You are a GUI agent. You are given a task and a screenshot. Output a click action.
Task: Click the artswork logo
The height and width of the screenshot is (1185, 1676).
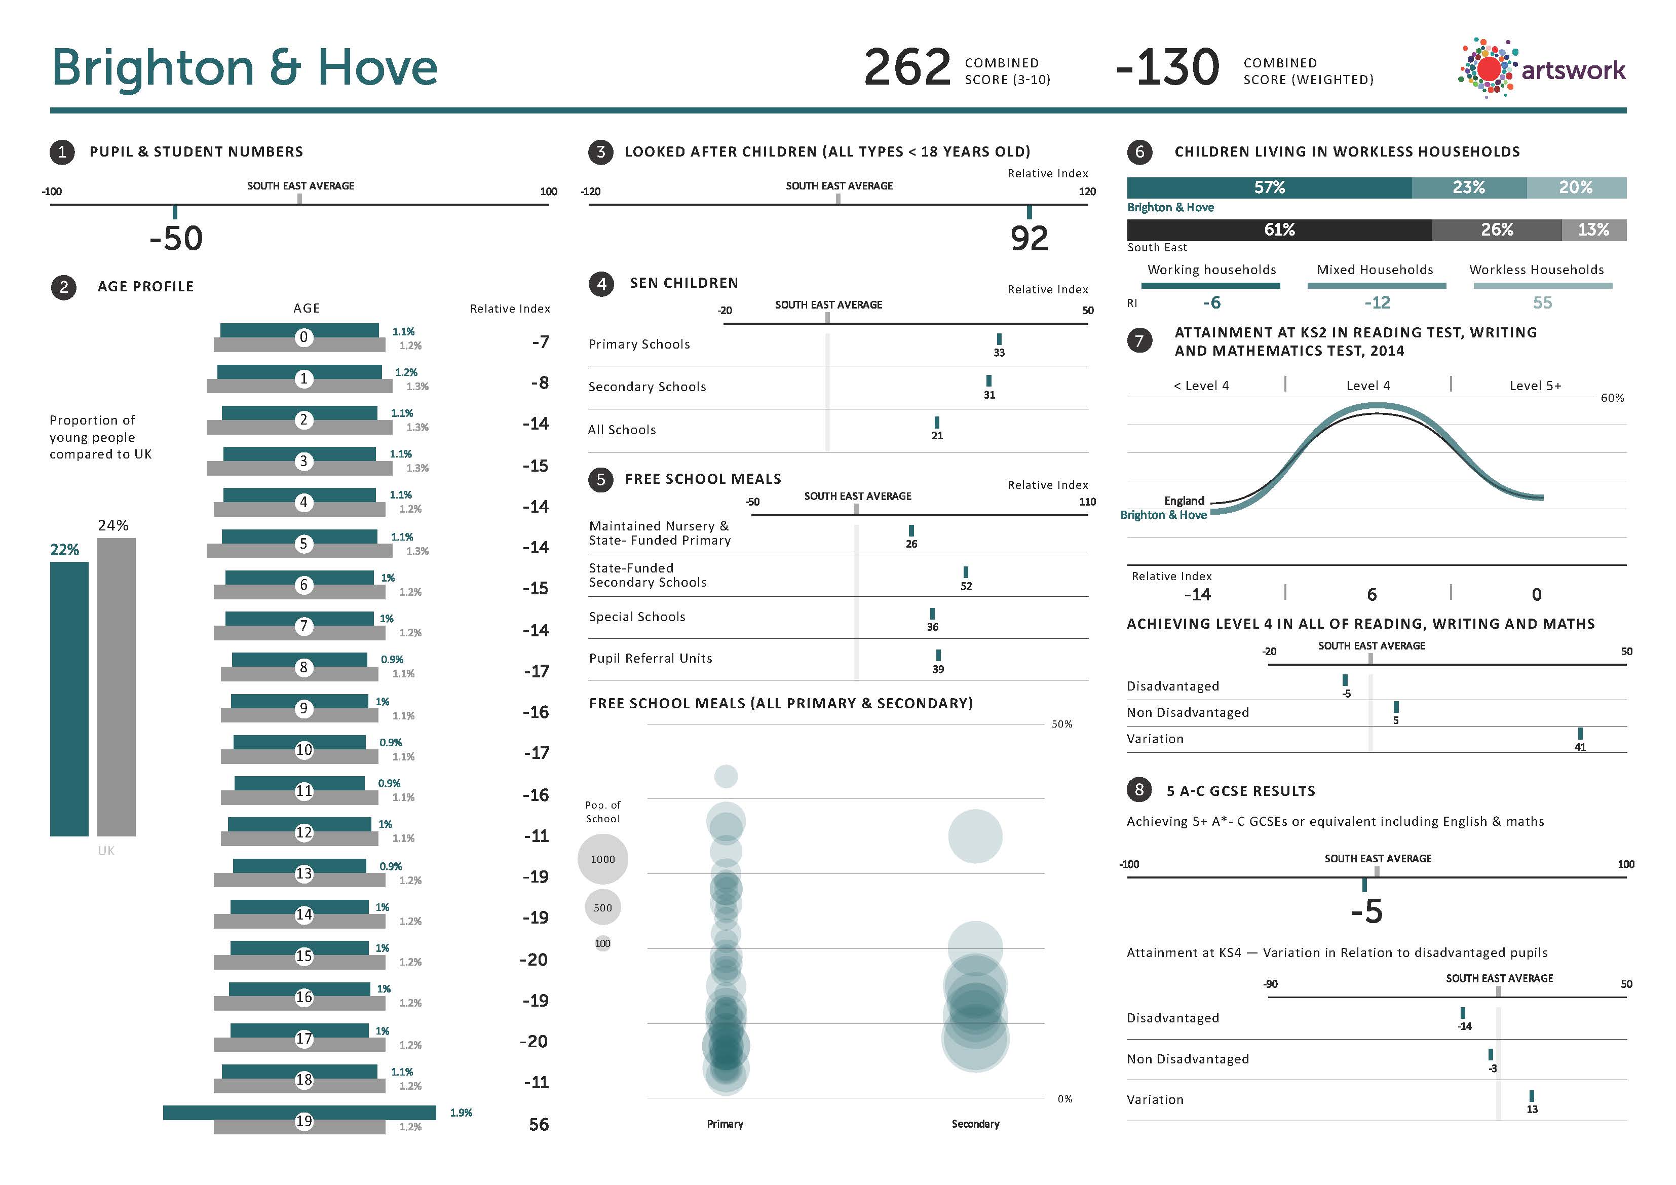click(x=1541, y=68)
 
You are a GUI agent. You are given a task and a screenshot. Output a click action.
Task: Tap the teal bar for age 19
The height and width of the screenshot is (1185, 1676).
click(x=299, y=1112)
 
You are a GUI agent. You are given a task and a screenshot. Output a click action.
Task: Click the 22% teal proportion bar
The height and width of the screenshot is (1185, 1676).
click(x=68, y=698)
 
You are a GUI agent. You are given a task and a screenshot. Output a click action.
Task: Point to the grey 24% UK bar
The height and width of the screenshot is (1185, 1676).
click(x=116, y=686)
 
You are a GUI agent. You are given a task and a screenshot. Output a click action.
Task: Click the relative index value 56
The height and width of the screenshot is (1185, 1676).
click(x=538, y=1124)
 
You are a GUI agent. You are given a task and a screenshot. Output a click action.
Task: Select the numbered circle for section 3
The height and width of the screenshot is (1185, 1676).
click(x=600, y=152)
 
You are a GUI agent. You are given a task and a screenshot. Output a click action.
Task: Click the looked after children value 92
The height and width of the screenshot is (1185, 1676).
click(x=1029, y=239)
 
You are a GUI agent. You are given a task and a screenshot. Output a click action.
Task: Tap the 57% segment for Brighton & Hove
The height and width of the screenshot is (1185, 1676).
click(x=1269, y=187)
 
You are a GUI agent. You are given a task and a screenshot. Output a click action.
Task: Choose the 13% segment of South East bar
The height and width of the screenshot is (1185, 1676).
click(x=1593, y=230)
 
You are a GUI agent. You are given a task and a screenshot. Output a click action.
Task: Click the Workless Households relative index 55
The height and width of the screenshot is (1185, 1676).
click(x=1542, y=302)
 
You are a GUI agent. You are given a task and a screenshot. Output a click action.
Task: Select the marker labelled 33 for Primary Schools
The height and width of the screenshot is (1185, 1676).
click(x=999, y=339)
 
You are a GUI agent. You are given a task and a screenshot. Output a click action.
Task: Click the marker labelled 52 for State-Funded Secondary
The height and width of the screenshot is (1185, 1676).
click(x=966, y=572)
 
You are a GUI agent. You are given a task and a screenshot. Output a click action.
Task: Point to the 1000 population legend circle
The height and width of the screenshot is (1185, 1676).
click(x=602, y=859)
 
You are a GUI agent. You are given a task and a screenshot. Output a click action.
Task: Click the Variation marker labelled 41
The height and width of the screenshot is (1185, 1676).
click(x=1580, y=734)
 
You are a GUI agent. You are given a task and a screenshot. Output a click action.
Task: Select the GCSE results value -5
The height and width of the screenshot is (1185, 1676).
click(x=1366, y=911)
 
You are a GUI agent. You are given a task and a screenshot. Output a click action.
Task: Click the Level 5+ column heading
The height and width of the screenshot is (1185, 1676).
click(x=1535, y=386)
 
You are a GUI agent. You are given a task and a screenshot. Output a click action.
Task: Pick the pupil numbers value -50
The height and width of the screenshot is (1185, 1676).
click(x=176, y=239)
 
